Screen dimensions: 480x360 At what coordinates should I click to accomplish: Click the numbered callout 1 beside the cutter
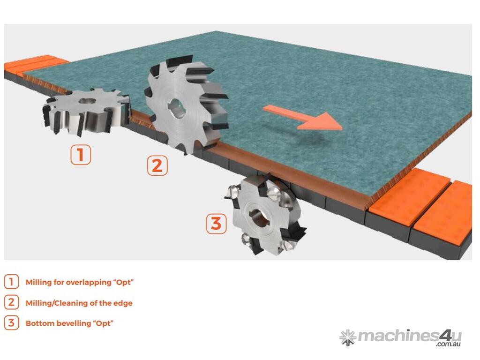pyautogui.click(x=81, y=155)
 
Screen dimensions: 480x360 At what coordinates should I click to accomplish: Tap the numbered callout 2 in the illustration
pyautogui.click(x=157, y=165)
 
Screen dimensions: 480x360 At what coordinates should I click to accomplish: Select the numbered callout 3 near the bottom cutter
pyautogui.click(x=217, y=224)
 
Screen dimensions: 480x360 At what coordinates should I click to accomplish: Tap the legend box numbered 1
pyautogui.click(x=11, y=282)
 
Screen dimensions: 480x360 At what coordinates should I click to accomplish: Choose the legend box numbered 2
pyautogui.click(x=11, y=302)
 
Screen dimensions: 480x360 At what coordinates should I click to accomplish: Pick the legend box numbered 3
pyautogui.click(x=11, y=322)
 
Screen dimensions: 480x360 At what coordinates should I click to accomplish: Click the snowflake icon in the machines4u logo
pyautogui.click(x=348, y=337)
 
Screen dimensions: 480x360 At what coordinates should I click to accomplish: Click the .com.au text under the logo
pyautogui.click(x=449, y=345)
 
